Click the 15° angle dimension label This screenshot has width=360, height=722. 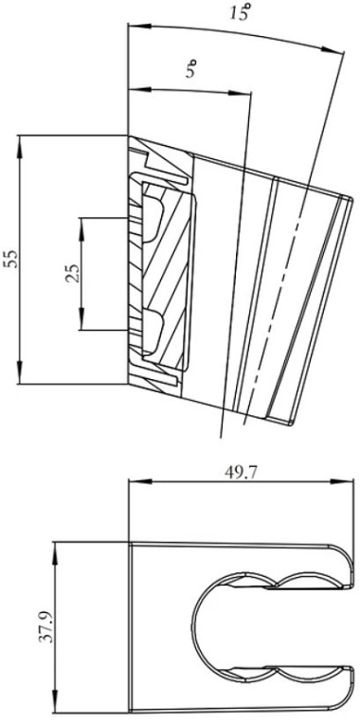coord(242,12)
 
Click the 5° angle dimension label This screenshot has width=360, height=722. coord(192,70)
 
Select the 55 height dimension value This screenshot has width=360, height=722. coord(10,260)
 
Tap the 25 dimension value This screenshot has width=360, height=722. coord(71,273)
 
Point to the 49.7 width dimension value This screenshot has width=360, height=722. coord(242,472)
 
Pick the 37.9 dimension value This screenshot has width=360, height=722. coord(46,625)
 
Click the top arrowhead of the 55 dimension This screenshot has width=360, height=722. coord(19,144)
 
